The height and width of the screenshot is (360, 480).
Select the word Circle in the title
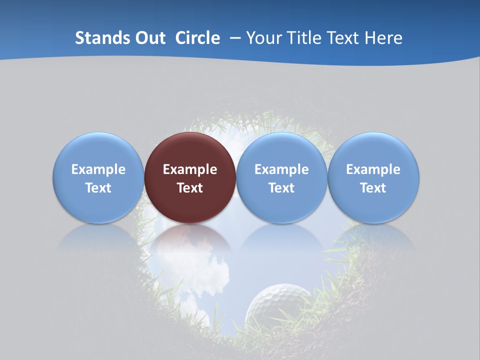point(197,38)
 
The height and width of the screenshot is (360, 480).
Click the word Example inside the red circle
point(190,169)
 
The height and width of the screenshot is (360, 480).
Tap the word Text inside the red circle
point(190,188)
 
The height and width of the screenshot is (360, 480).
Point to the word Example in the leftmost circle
point(98,169)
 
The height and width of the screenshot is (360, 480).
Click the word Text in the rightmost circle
point(373,188)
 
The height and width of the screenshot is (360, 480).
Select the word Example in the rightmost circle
point(373,169)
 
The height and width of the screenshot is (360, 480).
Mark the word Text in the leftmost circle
point(98,188)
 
